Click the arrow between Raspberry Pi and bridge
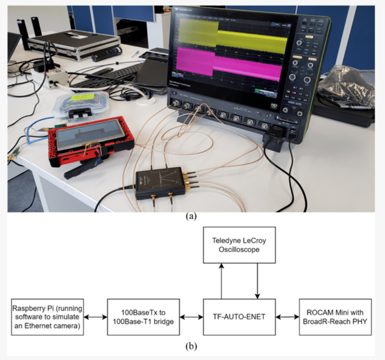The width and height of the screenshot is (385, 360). pyautogui.click(x=95, y=317)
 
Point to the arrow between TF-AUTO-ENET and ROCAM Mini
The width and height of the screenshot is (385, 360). pyautogui.click(x=287, y=317)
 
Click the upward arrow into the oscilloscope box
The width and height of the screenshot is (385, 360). pyautogui.click(x=221, y=281)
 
